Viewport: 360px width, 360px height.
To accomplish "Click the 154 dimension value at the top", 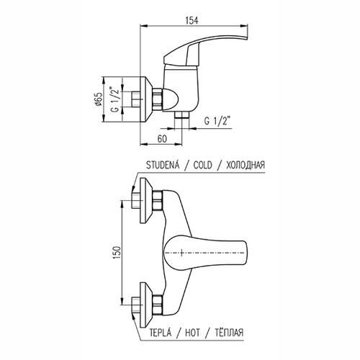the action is point(192,21).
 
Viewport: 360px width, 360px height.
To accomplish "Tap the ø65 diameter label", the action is point(99,99).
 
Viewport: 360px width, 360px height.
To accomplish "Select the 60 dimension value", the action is point(162,139).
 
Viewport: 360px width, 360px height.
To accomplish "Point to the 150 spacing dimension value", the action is point(117,253).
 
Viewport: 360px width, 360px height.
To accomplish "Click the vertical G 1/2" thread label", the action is point(115,99).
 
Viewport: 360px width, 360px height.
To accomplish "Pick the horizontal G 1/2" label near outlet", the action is point(217,121).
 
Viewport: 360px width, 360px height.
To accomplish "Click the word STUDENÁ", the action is point(163,165).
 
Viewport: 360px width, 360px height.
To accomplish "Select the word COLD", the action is point(203,166).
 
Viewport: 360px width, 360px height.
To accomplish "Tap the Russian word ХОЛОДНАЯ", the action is point(246,166).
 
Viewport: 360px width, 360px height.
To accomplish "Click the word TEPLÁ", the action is point(161,333).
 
